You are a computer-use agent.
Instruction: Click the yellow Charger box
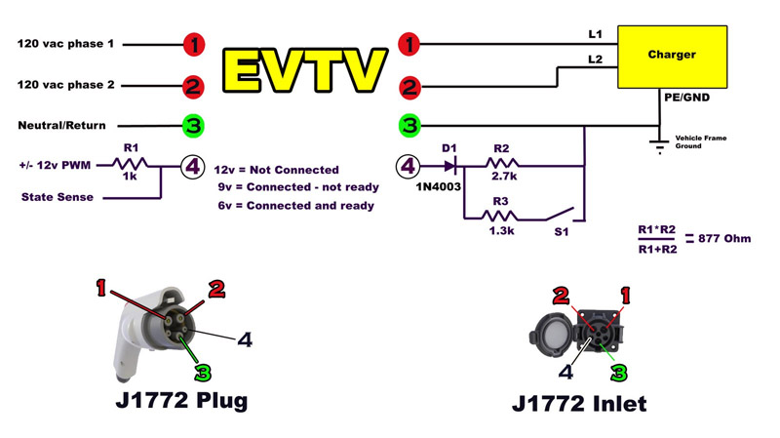[x=672, y=58]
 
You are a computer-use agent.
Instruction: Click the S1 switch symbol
[x=561, y=214]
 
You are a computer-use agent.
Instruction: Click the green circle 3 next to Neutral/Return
[x=194, y=126]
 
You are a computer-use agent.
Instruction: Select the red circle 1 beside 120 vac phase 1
[x=194, y=44]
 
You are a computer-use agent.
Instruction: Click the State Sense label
[x=57, y=197]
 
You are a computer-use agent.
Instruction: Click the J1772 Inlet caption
[x=578, y=403]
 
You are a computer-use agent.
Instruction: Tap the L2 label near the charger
[x=595, y=60]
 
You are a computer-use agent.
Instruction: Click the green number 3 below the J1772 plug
[x=203, y=372]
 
